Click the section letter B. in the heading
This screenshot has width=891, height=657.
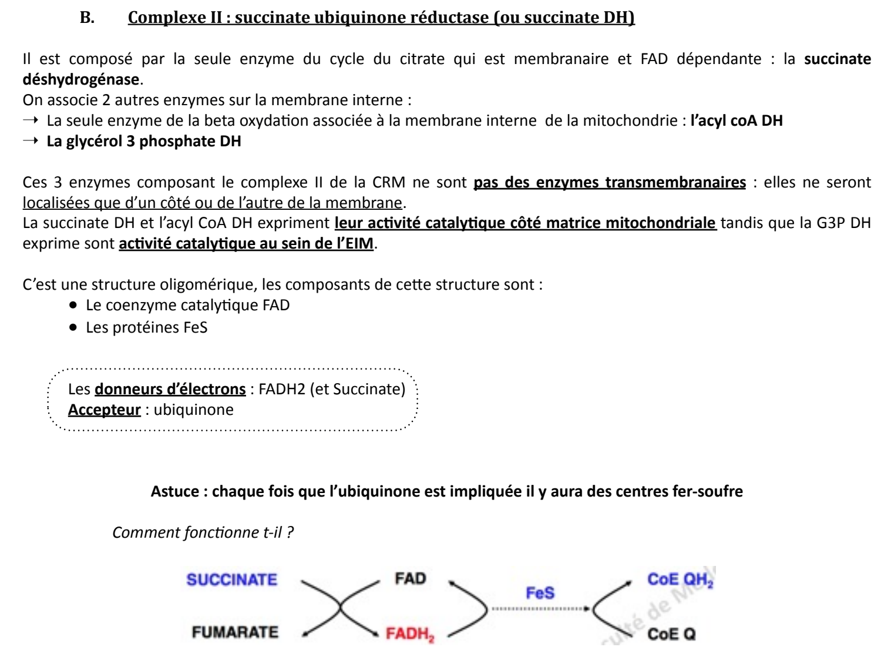87,18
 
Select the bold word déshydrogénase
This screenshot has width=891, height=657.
81,79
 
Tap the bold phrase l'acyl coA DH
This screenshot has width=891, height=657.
737,120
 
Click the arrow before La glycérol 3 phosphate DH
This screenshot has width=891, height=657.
31,141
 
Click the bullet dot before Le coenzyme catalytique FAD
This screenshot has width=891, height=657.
73,306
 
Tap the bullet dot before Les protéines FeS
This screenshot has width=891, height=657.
73,327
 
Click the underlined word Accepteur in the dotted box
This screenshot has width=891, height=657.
104,410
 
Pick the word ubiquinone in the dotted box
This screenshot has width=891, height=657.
193,410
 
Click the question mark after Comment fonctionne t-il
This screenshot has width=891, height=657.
290,532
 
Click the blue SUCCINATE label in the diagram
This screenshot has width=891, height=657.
231,580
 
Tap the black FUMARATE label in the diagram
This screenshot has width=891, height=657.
235,632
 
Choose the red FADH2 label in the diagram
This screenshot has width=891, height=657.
409,634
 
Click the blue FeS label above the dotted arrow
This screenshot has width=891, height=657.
540,593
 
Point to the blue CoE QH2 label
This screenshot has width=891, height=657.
680,580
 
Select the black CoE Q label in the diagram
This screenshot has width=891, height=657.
671,634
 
